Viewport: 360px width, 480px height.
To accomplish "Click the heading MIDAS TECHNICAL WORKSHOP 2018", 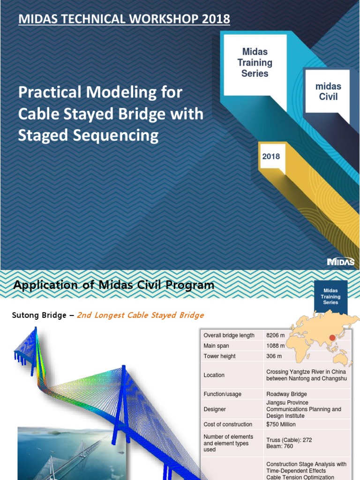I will tap(124, 19).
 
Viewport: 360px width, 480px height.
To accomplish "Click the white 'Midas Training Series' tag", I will tap(255, 63).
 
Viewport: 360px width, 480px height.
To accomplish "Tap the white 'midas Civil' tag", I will tap(328, 91).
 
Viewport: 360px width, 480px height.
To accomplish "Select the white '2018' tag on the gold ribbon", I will tap(271, 157).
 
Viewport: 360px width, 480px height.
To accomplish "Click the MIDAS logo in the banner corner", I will tap(341, 262).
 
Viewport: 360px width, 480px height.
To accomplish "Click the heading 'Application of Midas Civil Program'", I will tap(114, 285).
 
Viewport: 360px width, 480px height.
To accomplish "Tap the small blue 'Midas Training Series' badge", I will tap(330, 297).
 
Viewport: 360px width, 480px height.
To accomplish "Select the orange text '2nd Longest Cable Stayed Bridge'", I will tap(140, 315).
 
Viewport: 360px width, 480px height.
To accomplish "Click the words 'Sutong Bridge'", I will tap(39, 315).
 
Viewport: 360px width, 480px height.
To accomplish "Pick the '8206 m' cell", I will tap(275, 335).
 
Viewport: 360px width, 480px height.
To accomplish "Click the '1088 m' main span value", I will tap(275, 346).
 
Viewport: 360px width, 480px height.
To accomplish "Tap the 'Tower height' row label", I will tap(219, 356).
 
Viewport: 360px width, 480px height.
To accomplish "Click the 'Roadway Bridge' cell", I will tap(287, 394).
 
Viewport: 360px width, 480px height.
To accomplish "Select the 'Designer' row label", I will tap(215, 409).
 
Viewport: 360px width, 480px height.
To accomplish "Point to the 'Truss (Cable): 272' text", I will tap(289, 440).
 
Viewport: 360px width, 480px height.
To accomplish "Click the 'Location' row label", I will tap(214, 375).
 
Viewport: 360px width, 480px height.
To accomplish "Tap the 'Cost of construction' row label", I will tap(228, 424).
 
